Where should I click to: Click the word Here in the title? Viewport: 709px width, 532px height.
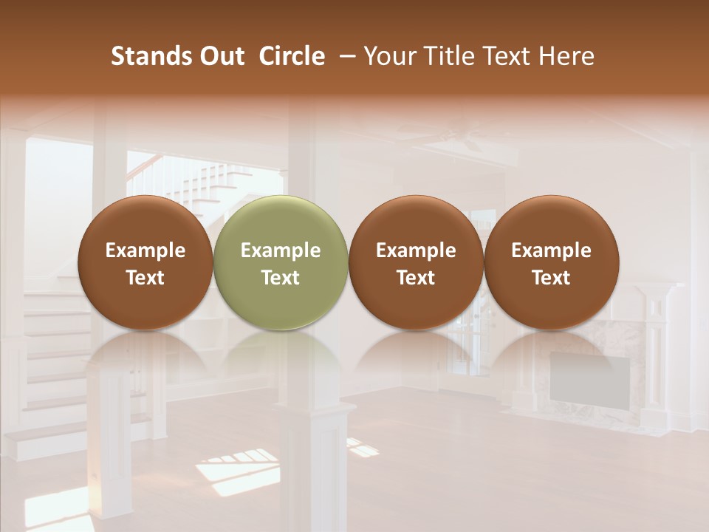click(567, 56)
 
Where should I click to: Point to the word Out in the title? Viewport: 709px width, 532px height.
click(222, 56)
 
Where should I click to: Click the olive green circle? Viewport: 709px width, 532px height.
click(281, 262)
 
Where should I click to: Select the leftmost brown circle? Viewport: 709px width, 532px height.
click(145, 262)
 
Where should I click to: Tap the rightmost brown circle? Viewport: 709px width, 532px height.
click(551, 262)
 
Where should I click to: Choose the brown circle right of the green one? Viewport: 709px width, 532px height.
click(416, 262)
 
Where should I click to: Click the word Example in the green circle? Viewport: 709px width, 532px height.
click(281, 250)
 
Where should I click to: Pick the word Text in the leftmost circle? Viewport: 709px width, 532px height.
click(145, 278)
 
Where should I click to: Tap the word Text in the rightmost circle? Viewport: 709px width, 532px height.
click(551, 278)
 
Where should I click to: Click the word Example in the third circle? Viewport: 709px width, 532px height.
click(416, 250)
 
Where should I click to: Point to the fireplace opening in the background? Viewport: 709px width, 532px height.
click(589, 377)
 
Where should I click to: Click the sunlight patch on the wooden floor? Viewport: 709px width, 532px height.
click(236, 469)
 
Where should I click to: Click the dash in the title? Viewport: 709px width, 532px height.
click(345, 56)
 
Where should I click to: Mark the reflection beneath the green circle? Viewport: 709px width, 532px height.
click(281, 355)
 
